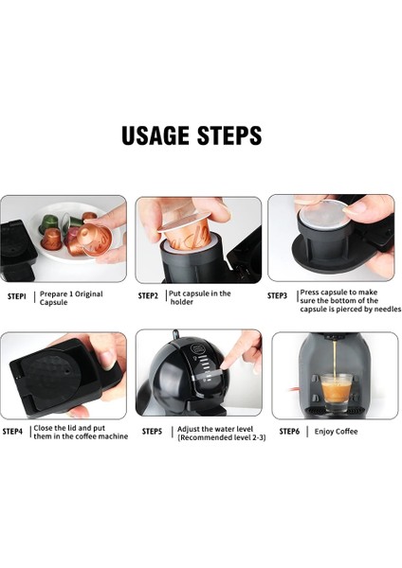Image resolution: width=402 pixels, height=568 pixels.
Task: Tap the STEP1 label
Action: point(17,296)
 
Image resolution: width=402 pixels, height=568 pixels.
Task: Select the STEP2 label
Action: point(148,296)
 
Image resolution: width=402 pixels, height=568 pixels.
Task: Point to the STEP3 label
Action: point(277,295)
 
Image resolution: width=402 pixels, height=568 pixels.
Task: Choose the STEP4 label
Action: point(12,432)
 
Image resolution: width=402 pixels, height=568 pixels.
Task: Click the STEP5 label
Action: point(152,432)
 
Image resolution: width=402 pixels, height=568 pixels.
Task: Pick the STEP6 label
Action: point(289,432)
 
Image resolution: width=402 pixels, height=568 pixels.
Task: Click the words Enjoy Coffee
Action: point(336,432)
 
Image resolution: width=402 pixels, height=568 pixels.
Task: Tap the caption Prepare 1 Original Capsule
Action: point(71,298)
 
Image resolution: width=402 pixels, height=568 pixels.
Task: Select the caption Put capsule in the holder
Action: point(200,297)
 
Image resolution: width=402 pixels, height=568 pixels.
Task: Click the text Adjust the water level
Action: point(215,429)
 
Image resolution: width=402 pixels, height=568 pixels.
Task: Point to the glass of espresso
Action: point(337,393)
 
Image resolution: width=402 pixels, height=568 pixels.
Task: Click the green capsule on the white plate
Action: point(47,222)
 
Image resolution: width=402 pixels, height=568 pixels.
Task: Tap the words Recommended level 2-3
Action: point(222,437)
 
